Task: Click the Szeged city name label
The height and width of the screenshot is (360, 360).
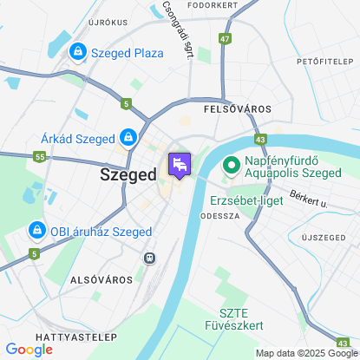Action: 128,173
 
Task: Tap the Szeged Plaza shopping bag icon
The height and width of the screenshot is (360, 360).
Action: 79,53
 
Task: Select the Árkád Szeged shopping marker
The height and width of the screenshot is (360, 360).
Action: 128,138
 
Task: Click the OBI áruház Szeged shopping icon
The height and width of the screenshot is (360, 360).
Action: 36,231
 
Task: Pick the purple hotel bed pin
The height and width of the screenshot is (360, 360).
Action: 180,164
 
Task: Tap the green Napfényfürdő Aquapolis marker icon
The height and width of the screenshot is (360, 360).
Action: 232,164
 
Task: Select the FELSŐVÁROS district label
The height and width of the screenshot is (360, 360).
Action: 236,109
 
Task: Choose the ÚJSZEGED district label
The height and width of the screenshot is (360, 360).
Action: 323,237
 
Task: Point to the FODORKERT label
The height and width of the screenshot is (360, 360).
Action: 213,4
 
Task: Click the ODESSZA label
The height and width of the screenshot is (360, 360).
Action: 219,216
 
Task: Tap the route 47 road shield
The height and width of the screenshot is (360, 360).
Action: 226,38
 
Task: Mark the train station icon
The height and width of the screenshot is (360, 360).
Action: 150,258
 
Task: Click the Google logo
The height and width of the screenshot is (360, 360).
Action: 29,350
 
